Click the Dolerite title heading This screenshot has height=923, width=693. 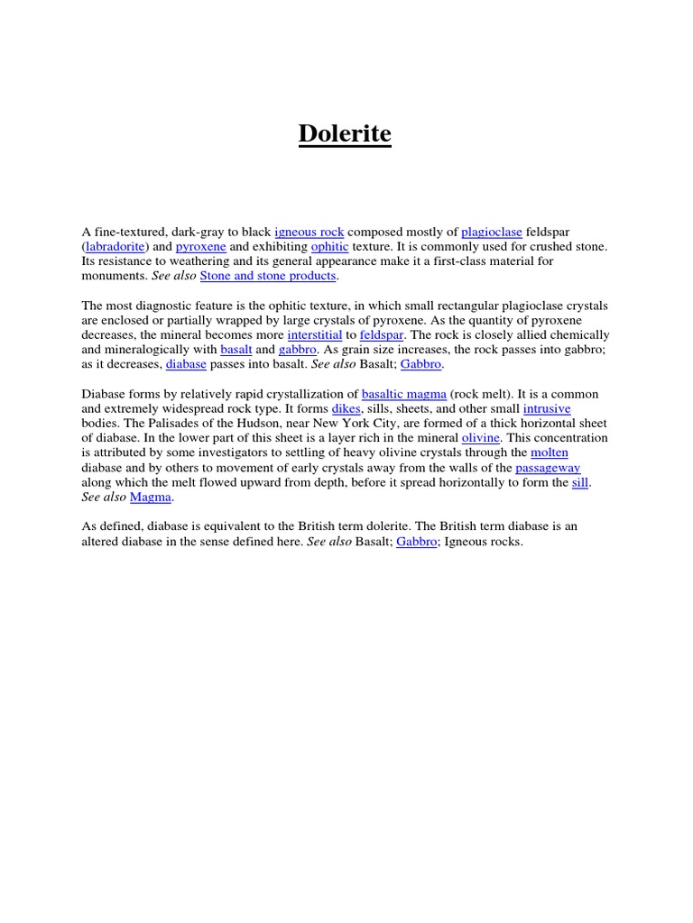(346, 134)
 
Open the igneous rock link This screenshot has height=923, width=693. (309, 233)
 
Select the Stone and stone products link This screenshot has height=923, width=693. (268, 276)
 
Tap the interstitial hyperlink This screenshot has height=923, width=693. (315, 334)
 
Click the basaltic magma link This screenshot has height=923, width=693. (403, 394)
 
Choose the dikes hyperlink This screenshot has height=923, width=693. (346, 408)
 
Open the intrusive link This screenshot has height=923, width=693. (547, 408)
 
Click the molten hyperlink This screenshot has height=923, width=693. (550, 452)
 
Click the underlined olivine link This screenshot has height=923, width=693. (480, 438)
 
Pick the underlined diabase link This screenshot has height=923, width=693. (186, 364)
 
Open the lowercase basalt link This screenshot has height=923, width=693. (236, 350)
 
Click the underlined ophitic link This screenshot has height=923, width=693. (329, 247)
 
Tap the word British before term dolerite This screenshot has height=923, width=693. (386, 527)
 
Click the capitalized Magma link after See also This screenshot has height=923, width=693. (151, 498)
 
